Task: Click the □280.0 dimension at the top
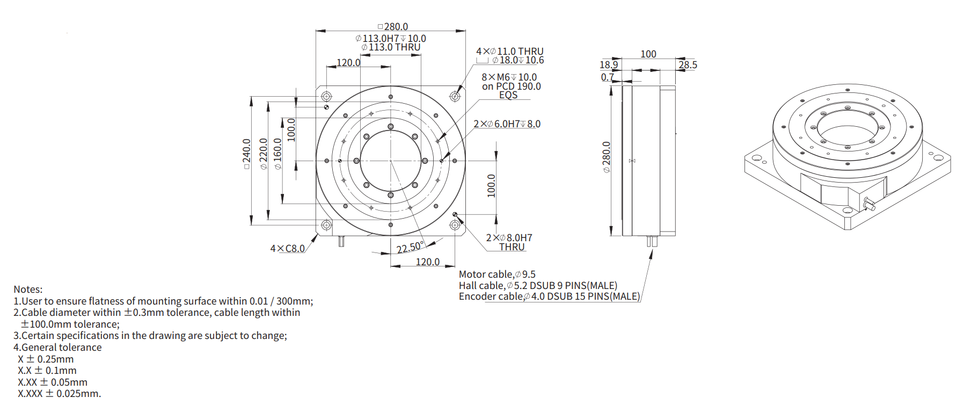[x=393, y=26]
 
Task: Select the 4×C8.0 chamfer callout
[x=287, y=248]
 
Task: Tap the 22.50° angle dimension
[x=411, y=247]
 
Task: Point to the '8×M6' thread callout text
[x=495, y=77]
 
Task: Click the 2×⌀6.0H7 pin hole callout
[x=507, y=124]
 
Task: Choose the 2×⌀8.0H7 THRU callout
[x=509, y=242]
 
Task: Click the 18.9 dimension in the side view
[x=609, y=64]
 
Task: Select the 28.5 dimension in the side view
[x=688, y=64]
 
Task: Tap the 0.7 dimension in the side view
[x=607, y=77]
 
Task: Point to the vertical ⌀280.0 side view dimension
[x=607, y=157]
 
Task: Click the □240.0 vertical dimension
[x=247, y=154]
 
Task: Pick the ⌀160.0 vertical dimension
[x=278, y=154]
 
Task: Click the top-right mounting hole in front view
[x=455, y=97]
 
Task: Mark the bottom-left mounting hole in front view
[x=326, y=225]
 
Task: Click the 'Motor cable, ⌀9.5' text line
[x=497, y=274]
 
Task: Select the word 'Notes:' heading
[x=28, y=289]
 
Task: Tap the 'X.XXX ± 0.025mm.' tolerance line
[x=59, y=393]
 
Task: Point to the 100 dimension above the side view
[x=648, y=54]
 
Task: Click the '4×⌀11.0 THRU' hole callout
[x=510, y=51]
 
